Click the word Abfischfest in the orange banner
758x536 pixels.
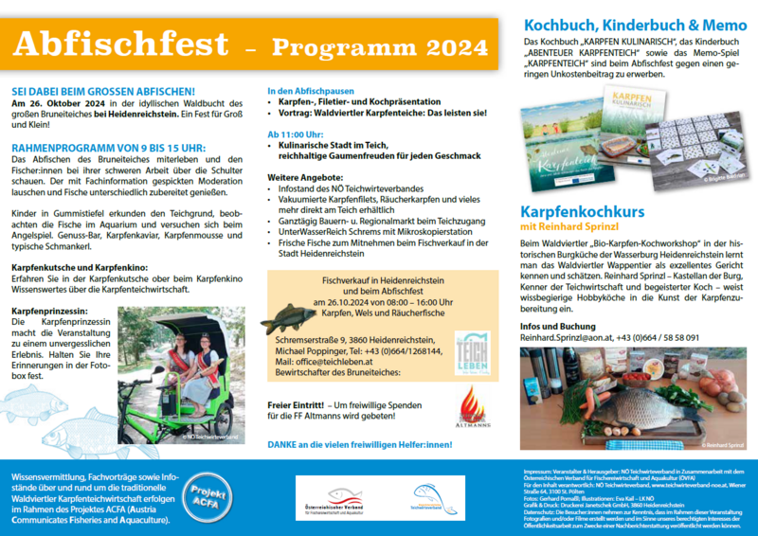120,44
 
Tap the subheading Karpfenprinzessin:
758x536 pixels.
49,310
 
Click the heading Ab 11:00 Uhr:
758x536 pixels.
301,134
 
